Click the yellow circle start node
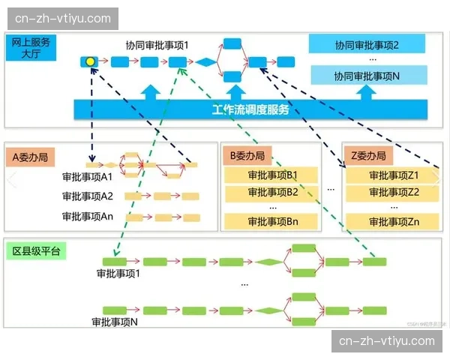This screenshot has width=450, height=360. coord(90,61)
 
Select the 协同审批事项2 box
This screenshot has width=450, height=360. coord(367,46)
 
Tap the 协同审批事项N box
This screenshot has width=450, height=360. coord(367,76)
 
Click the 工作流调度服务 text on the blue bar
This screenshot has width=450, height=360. coord(250,111)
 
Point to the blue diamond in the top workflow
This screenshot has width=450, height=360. coord(205,62)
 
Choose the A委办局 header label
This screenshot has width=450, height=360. coord(31,157)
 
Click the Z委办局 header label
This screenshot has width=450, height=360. coord(368,156)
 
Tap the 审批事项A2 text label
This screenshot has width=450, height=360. coord(88,196)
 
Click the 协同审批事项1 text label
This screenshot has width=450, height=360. coord(157,45)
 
